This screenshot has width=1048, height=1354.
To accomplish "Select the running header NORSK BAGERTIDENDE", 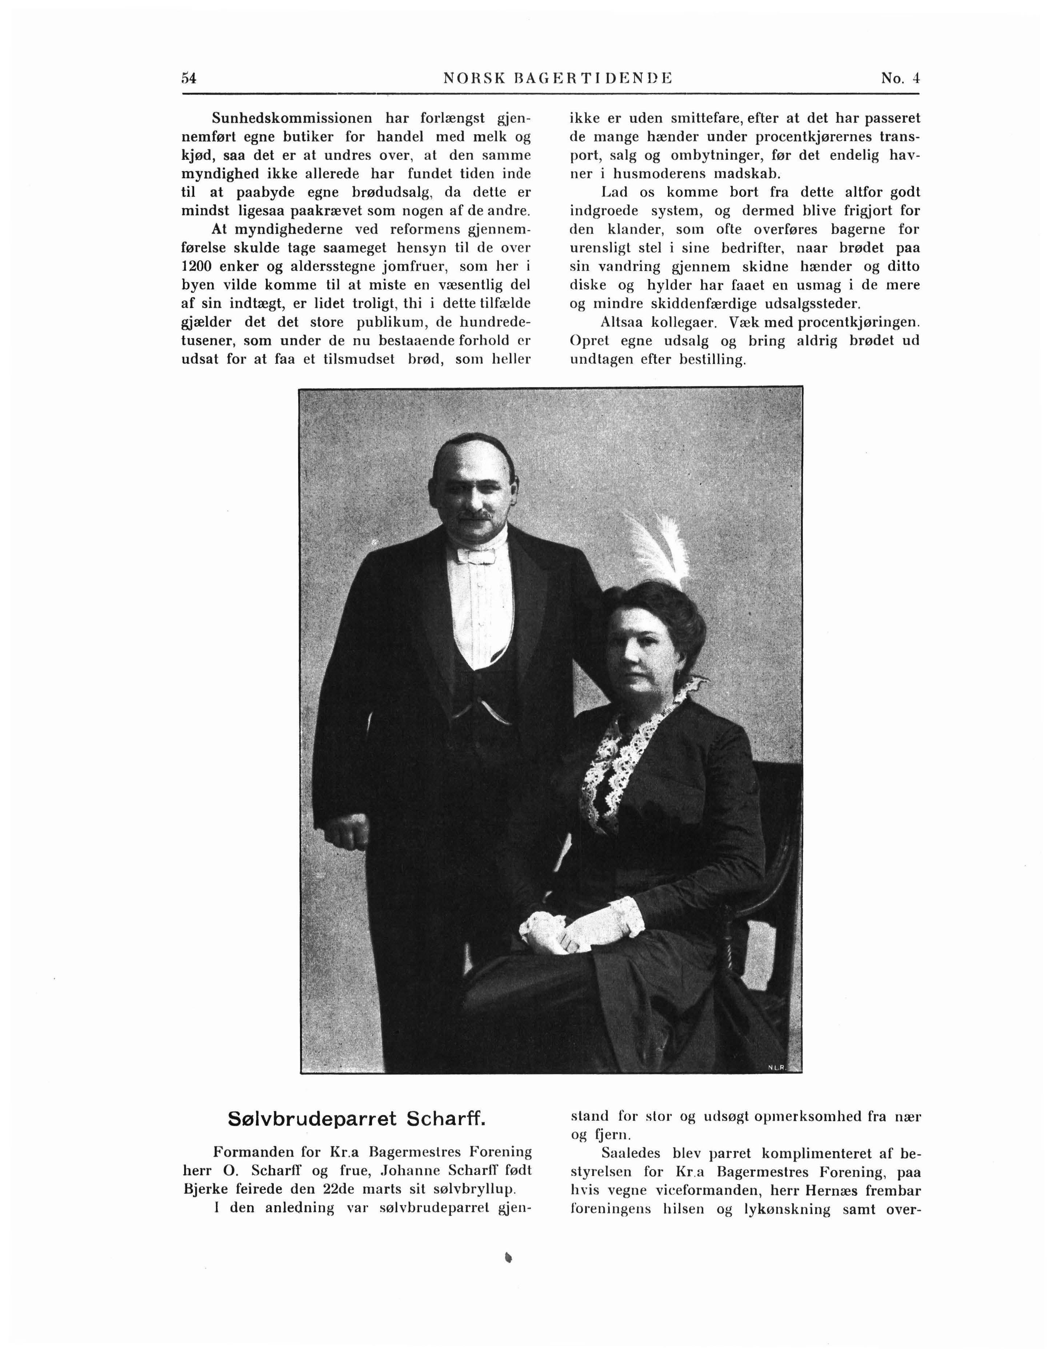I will pyautogui.click(x=558, y=79).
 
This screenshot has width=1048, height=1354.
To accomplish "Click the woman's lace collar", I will pyautogui.click(x=626, y=744).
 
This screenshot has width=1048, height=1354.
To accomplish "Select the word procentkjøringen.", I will pyautogui.click(x=859, y=322).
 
